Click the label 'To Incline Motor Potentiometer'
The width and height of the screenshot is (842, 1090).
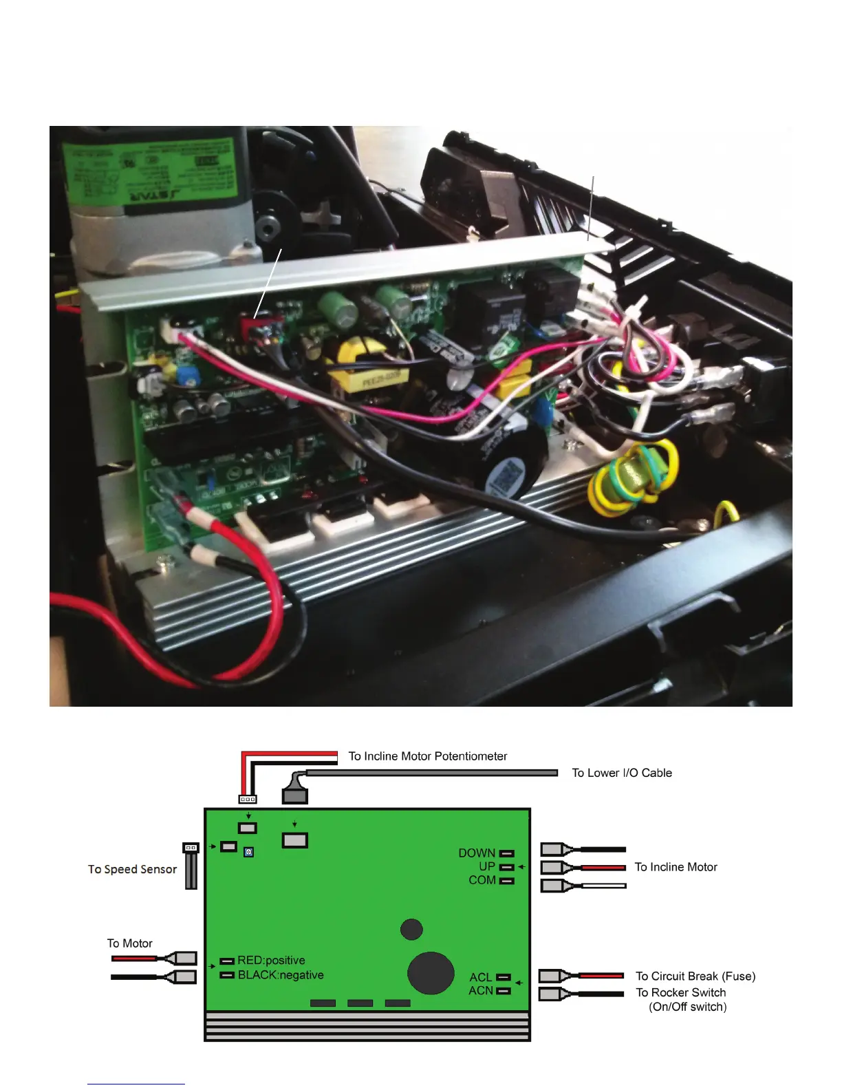[x=427, y=756]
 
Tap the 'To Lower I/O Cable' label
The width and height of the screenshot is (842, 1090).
[x=621, y=773]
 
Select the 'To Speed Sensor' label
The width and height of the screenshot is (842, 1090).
[x=132, y=869]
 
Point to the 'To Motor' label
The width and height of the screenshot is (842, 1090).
[x=129, y=943]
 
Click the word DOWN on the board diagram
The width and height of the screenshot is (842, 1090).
[x=477, y=853]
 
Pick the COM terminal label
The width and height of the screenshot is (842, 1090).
[x=482, y=880]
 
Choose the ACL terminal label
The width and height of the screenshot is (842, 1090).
[x=481, y=977]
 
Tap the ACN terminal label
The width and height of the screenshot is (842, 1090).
[x=481, y=991]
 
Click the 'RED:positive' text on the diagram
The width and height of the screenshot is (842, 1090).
[x=271, y=961]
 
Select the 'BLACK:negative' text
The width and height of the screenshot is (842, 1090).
[x=281, y=975]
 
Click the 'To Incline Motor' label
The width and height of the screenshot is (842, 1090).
[x=676, y=867]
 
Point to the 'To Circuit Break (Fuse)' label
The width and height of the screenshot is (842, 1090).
[x=695, y=976]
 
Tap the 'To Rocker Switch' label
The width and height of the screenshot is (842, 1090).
[x=680, y=992]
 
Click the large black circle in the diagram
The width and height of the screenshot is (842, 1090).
[x=431, y=973]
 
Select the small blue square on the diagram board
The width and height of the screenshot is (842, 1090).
[x=249, y=853]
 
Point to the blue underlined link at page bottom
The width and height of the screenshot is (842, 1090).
[x=136, y=1084]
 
